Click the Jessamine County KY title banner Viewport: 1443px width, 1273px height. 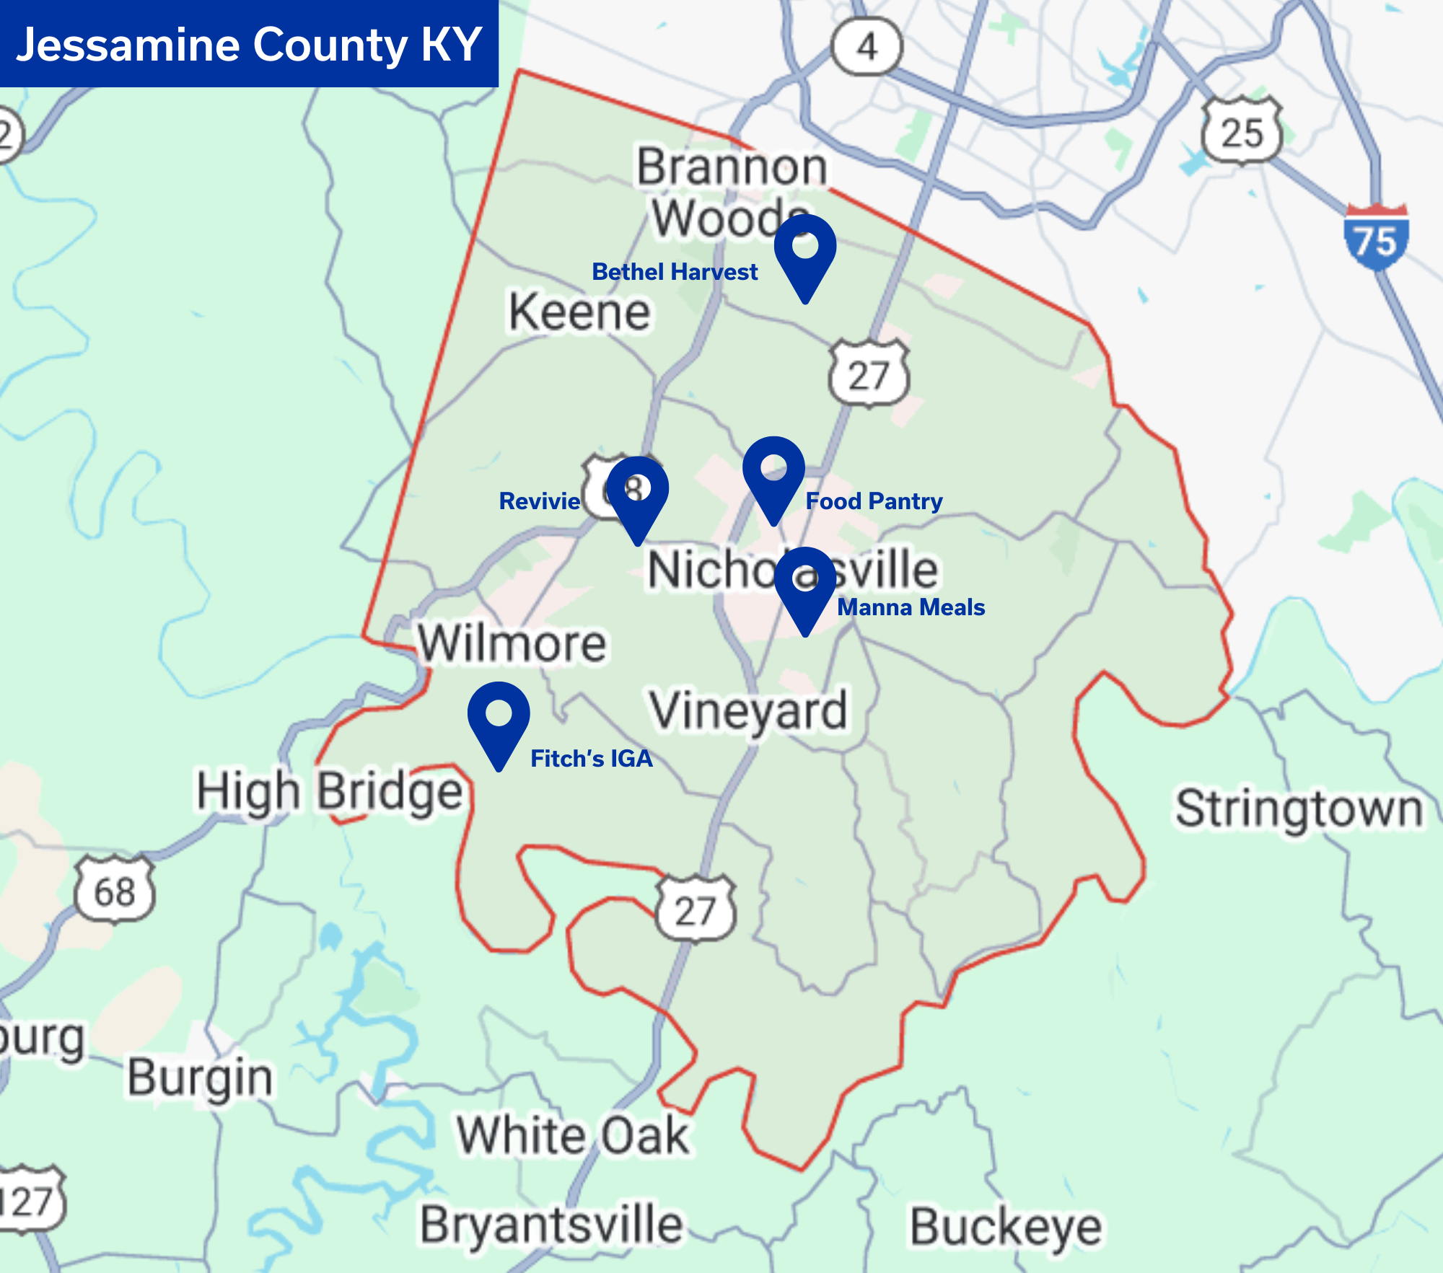point(249,44)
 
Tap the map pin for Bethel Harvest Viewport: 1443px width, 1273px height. point(805,252)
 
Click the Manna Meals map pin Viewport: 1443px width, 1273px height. point(805,585)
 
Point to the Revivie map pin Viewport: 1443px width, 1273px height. point(637,495)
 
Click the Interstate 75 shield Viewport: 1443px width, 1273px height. point(1376,237)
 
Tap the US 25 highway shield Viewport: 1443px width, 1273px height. point(1242,132)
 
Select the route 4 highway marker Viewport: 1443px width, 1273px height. point(867,47)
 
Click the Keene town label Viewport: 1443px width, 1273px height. point(579,312)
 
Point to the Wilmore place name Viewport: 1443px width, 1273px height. point(512,643)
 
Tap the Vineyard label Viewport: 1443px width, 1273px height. point(748,711)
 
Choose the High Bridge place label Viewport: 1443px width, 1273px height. point(330,792)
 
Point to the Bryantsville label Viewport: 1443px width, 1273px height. point(552,1225)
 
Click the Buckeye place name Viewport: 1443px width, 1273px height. point(1006,1227)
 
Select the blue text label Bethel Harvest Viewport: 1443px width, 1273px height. point(675,272)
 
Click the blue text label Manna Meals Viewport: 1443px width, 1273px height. point(911,607)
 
